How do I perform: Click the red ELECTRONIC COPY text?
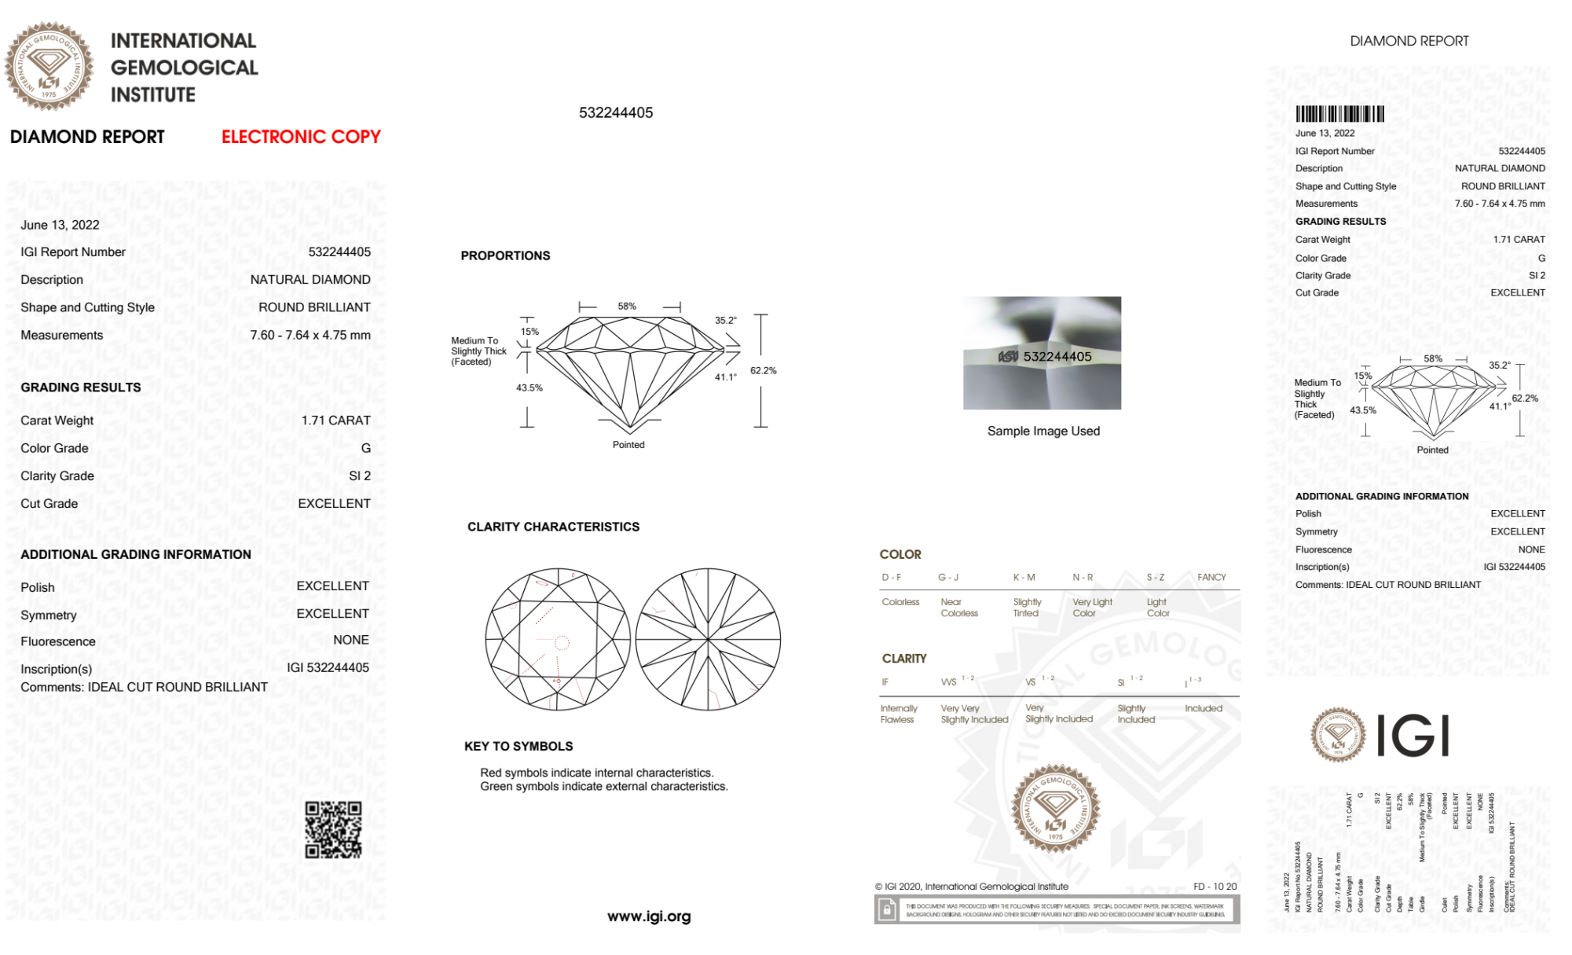[301, 137]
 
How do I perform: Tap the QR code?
[333, 829]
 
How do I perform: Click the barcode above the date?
[1339, 114]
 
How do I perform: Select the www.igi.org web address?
[649, 916]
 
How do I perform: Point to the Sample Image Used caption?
[1043, 431]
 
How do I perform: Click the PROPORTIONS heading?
[505, 255]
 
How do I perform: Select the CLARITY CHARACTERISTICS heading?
[553, 527]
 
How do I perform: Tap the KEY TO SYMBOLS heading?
[519, 746]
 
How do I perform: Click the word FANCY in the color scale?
[1211, 577]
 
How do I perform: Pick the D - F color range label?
[892, 577]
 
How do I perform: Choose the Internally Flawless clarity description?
[898, 714]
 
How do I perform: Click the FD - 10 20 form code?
[1215, 887]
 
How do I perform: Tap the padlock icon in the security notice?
[887, 910]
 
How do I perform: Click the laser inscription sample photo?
[1042, 353]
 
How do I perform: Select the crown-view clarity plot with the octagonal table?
[558, 640]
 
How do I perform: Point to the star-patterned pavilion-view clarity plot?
[708, 640]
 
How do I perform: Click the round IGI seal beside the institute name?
[49, 67]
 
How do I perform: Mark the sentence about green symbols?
[604, 787]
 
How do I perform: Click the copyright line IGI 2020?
[972, 887]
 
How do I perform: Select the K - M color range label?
[1024, 577]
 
